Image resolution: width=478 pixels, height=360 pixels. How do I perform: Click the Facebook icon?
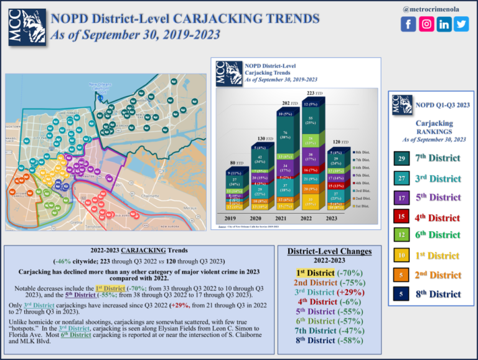pos(408,24)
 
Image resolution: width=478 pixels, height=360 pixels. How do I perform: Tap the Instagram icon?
pos(426,24)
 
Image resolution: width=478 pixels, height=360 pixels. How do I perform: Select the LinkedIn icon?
pos(444,24)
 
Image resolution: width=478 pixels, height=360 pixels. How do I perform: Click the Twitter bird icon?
pos(461,24)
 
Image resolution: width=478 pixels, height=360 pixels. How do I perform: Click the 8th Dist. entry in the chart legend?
pos(361,152)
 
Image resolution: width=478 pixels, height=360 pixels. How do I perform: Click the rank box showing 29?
pos(401,160)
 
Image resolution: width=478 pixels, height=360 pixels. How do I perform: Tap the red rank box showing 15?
pos(401,217)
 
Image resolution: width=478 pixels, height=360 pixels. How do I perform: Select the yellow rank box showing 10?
pos(401,255)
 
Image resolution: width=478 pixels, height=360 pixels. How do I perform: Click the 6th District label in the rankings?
pos(438,235)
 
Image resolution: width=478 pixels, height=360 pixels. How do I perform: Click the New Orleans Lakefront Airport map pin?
pos(101,97)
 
